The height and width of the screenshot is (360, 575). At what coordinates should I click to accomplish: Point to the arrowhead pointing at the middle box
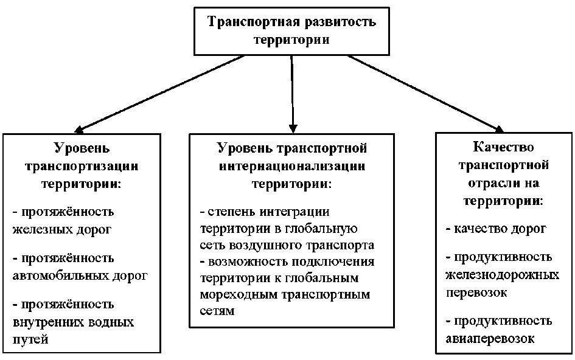[293, 126]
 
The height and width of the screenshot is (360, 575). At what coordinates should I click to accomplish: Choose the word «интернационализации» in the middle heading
[292, 165]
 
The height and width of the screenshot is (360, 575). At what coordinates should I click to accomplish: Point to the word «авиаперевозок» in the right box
[490, 339]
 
